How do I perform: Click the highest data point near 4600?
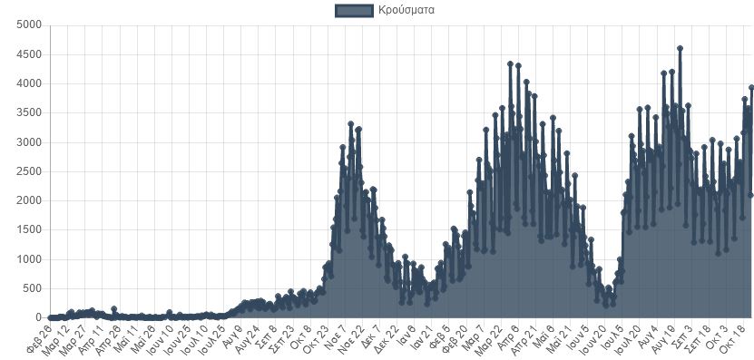(x=680, y=48)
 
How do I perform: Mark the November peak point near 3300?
(x=350, y=123)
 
